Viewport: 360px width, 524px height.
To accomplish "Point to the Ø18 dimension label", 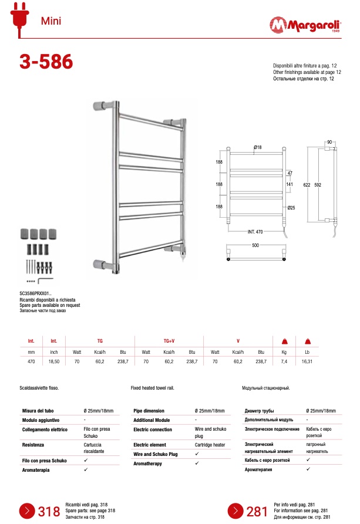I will tap(257, 147).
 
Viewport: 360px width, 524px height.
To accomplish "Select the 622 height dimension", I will tap(307, 184).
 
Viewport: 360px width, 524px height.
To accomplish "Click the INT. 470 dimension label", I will tap(255, 231).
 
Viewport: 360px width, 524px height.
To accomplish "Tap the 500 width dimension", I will tap(255, 246).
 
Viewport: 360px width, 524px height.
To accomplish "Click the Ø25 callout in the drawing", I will tap(291, 208).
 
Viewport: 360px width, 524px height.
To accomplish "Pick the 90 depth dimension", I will tap(329, 142).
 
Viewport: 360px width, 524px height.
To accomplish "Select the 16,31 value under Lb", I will tap(307, 362).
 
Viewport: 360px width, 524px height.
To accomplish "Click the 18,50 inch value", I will tap(53, 362).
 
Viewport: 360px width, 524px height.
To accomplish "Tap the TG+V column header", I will tap(169, 340).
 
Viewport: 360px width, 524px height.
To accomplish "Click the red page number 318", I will tap(49, 512).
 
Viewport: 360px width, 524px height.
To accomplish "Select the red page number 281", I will tap(257, 512).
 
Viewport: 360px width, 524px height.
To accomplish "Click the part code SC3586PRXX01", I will tap(36, 294).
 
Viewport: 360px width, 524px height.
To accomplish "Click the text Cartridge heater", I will tap(210, 445).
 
